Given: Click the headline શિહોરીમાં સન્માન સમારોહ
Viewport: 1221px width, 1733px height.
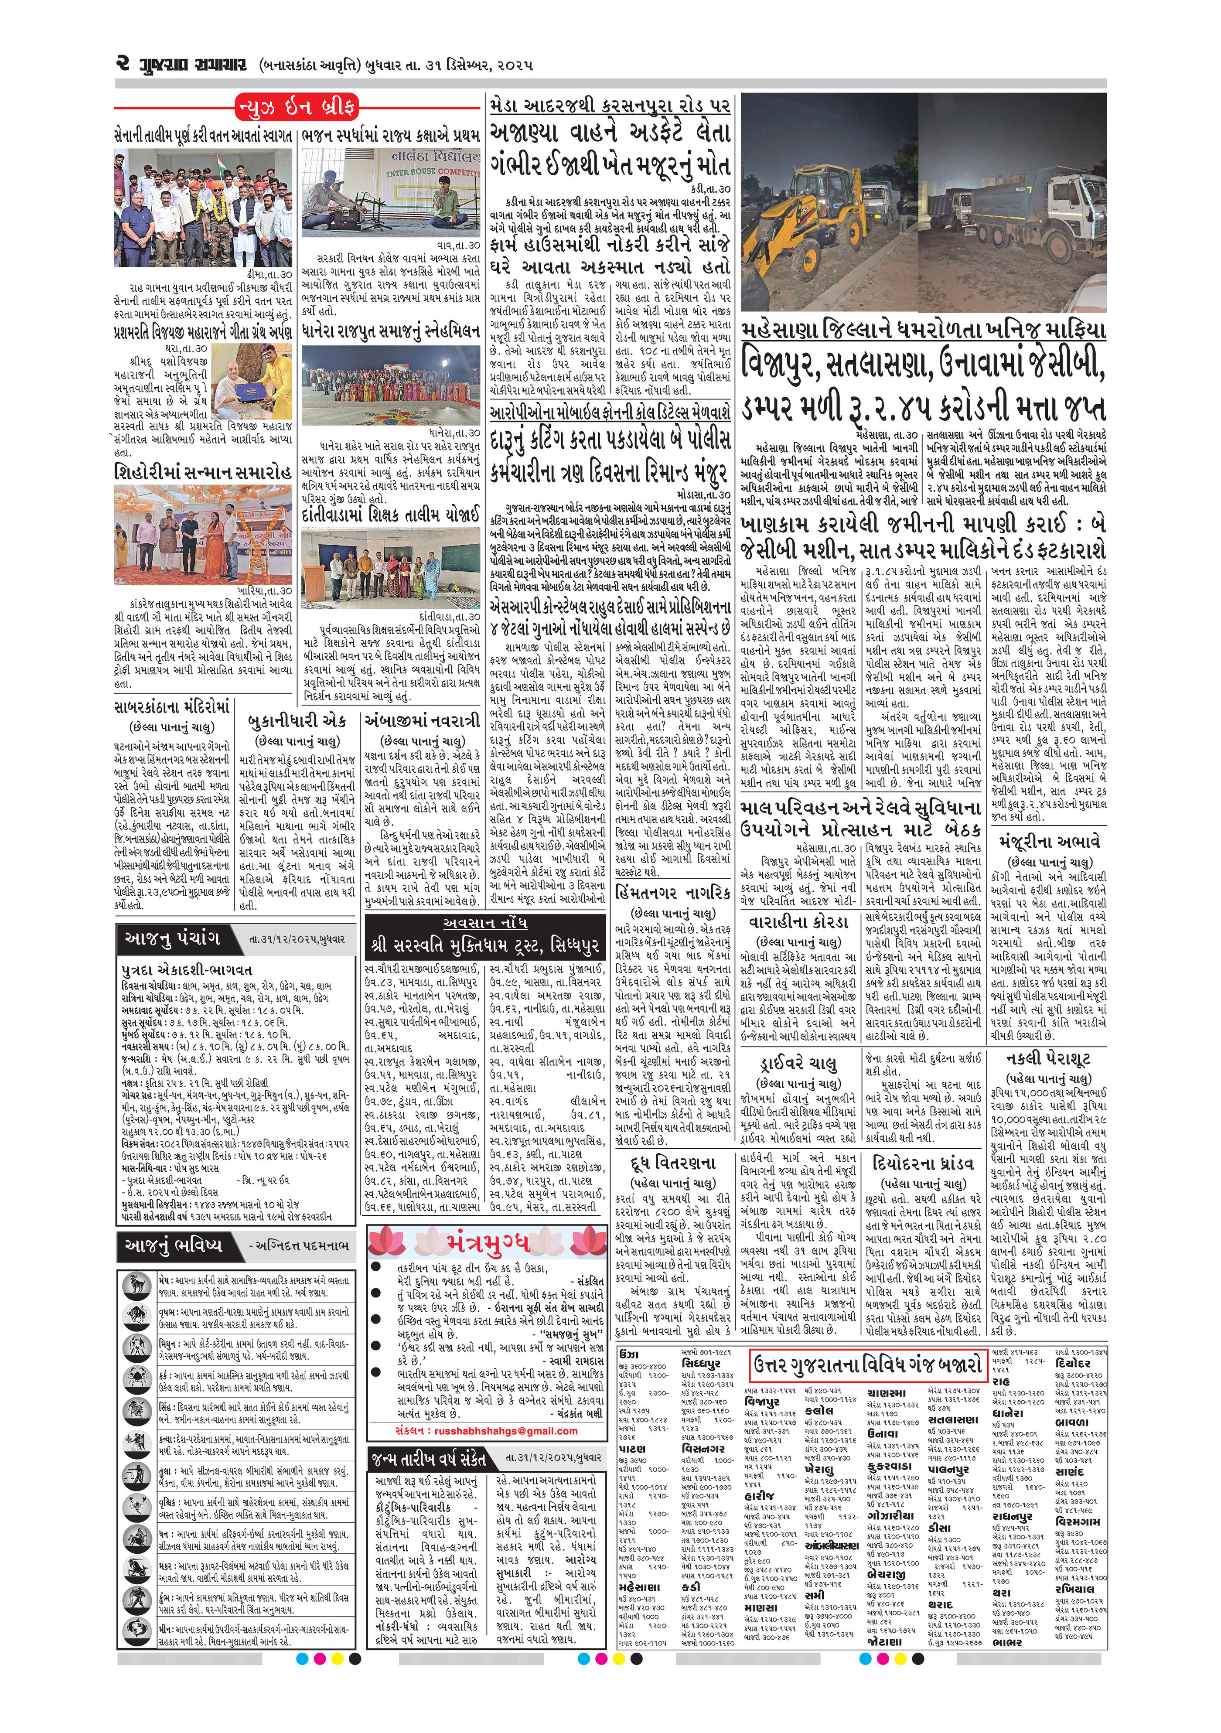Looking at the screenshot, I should [x=203, y=473].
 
